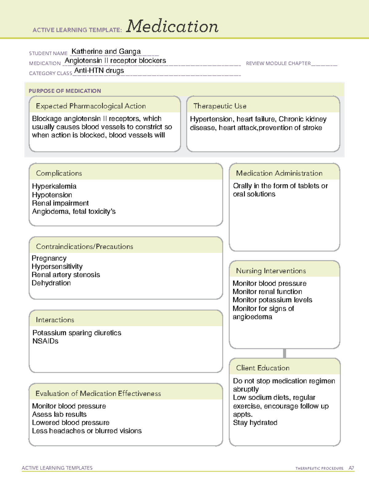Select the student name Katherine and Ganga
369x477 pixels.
click(x=106, y=52)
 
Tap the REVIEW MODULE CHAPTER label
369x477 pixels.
click(x=278, y=63)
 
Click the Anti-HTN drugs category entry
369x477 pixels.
click(x=99, y=71)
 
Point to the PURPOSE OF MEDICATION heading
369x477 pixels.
click(x=65, y=91)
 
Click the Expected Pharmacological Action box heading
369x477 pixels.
click(x=91, y=106)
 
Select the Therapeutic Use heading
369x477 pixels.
click(x=220, y=106)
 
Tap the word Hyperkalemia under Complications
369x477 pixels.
click(x=54, y=186)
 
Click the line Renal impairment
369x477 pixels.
click(x=60, y=203)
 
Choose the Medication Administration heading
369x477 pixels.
click(x=279, y=173)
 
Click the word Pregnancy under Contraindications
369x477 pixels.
click(x=49, y=258)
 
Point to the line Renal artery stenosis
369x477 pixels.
click(x=66, y=275)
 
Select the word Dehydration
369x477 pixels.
click(x=51, y=283)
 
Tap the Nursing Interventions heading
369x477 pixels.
click(x=271, y=271)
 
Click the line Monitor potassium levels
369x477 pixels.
click(x=272, y=300)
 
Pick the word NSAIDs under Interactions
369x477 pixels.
click(x=46, y=341)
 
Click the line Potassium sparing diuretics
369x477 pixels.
click(x=77, y=333)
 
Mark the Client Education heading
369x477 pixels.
click(x=263, y=368)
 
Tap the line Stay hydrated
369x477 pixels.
click(x=255, y=423)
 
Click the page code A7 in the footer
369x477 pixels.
click(x=351, y=468)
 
